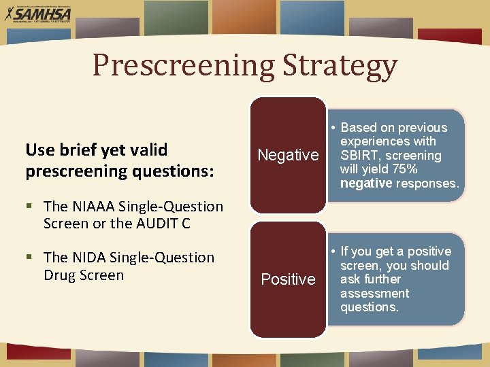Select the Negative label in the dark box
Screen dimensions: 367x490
coord(288,156)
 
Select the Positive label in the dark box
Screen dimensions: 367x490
coord(288,279)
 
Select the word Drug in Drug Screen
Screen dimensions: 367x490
coord(58,275)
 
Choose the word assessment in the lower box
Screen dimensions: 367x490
coord(375,294)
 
